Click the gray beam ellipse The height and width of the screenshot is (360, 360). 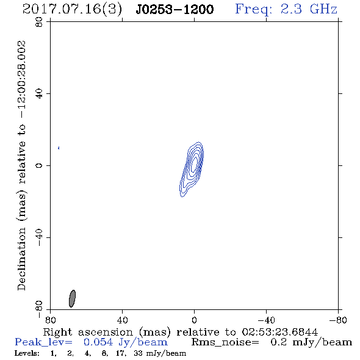pyautogui.click(x=72, y=298)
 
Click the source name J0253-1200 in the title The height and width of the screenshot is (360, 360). pyautogui.click(x=175, y=10)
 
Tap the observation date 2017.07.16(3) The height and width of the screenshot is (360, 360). pyautogui.click(x=72, y=10)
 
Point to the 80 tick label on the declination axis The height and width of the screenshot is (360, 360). pyautogui.click(x=39, y=22)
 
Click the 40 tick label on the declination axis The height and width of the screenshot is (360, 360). pyautogui.click(x=39, y=94)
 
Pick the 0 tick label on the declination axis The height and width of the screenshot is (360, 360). pyautogui.click(x=39, y=165)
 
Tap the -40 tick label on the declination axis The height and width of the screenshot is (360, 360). pyautogui.click(x=39, y=237)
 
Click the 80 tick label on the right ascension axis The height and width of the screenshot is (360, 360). pyautogui.click(x=50, y=320)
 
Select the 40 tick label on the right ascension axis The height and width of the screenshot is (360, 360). pyautogui.click(x=122, y=320)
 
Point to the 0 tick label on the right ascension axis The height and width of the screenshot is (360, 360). pyautogui.click(x=194, y=320)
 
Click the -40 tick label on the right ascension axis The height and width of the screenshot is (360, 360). pyautogui.click(x=266, y=320)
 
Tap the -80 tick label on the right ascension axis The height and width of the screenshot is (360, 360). pyautogui.click(x=338, y=320)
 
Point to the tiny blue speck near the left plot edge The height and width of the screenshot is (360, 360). pyautogui.click(x=59, y=148)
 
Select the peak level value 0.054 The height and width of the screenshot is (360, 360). pyautogui.click(x=98, y=342)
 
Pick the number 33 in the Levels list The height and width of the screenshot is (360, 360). pyautogui.click(x=139, y=353)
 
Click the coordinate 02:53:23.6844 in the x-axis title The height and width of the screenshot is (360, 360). pyautogui.click(x=280, y=332)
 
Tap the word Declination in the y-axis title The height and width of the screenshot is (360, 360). pyautogui.click(x=21, y=259)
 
